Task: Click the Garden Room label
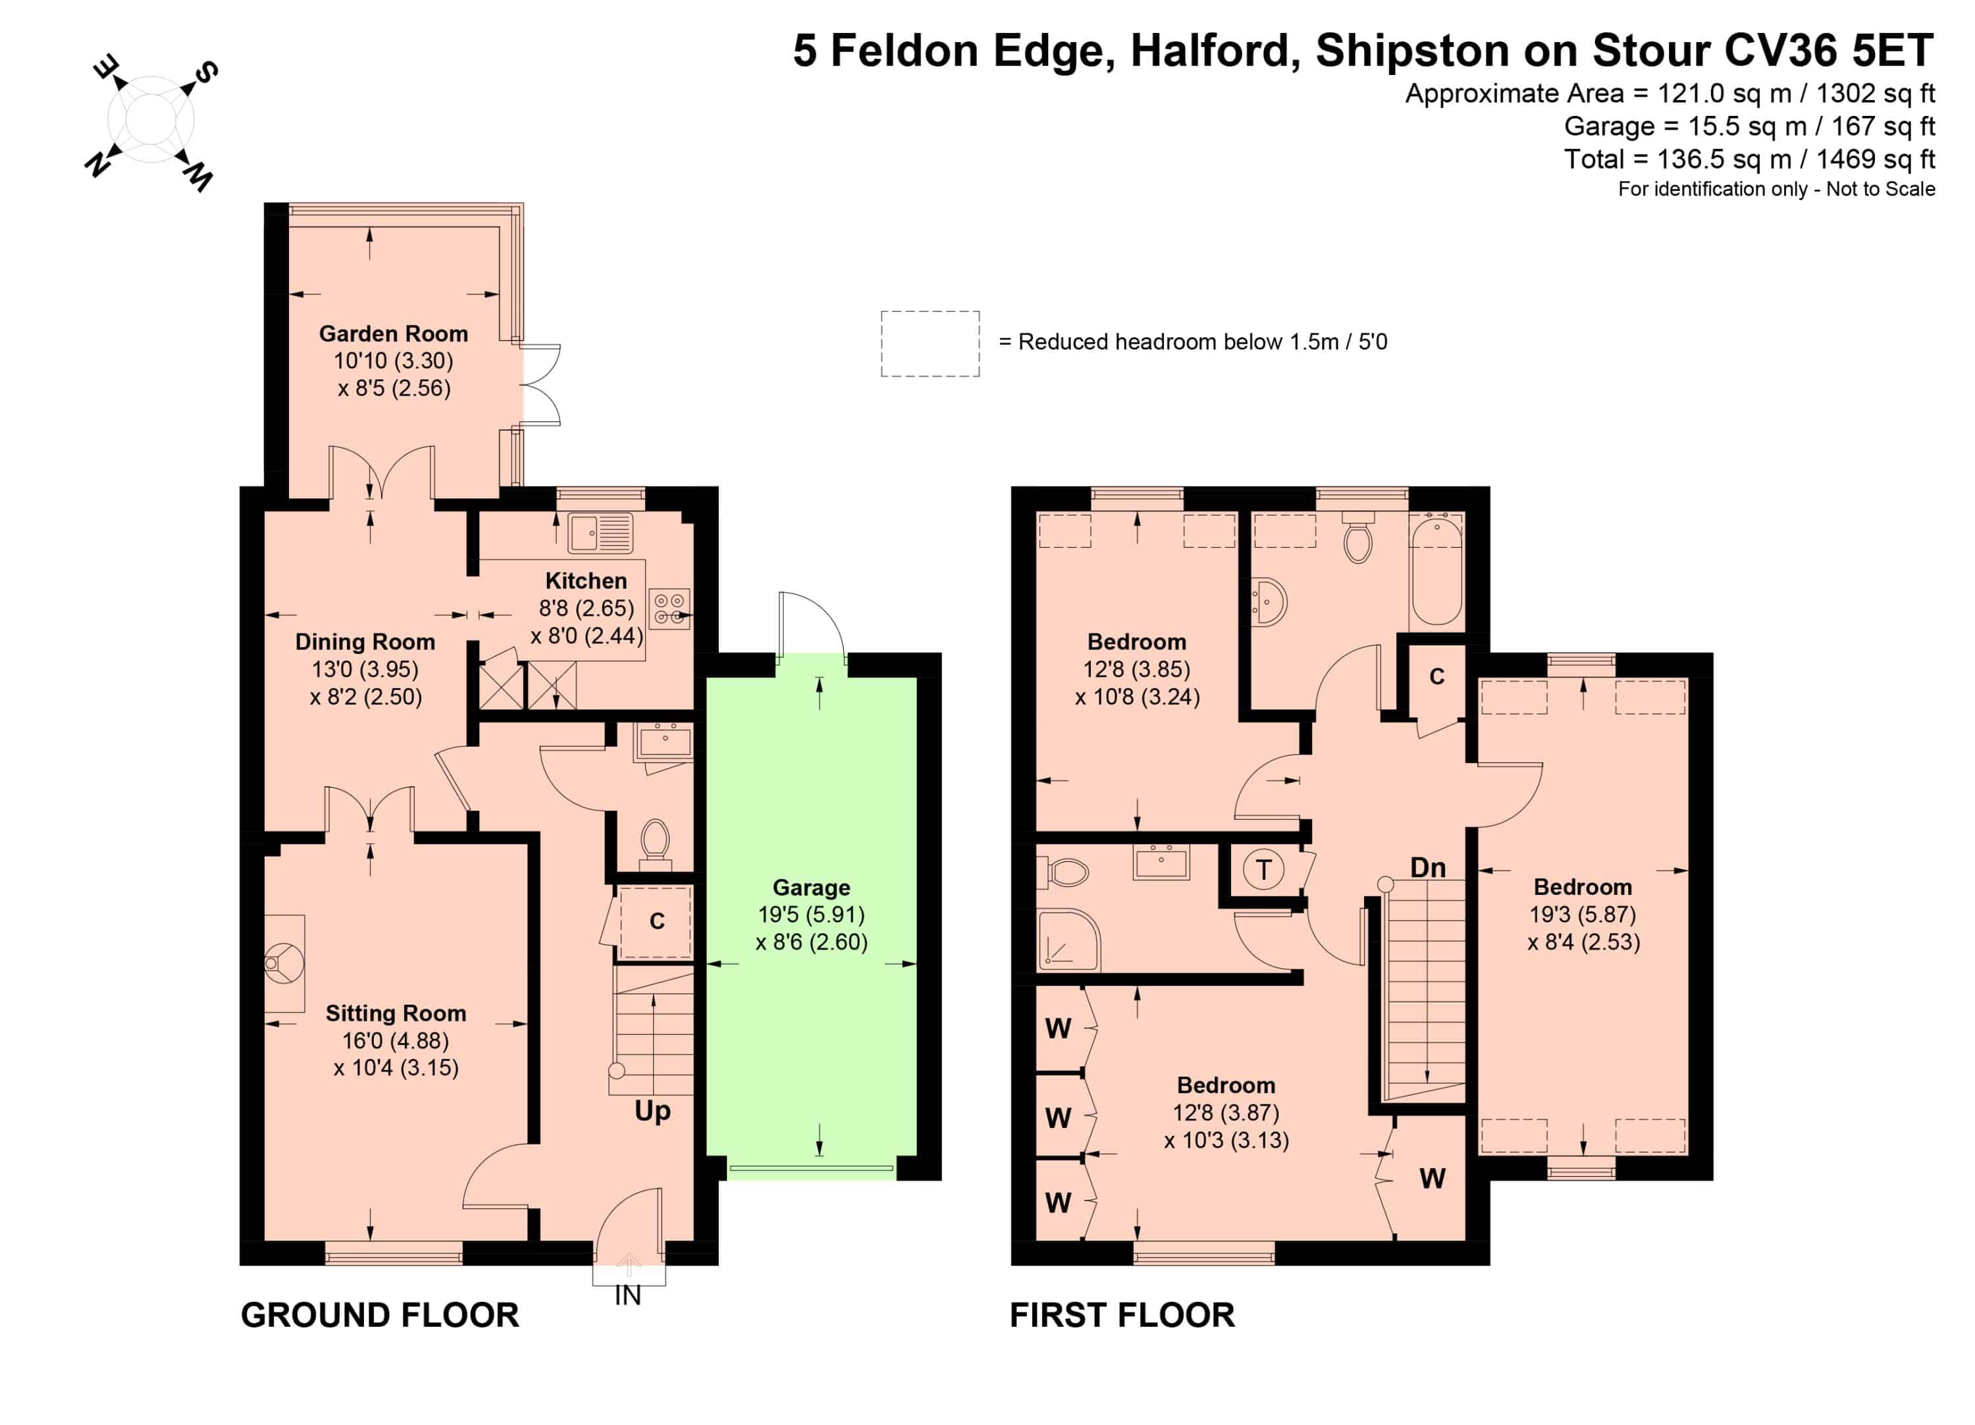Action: (x=394, y=334)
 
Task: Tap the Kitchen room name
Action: (x=586, y=581)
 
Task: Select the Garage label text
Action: (x=812, y=888)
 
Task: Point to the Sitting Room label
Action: (x=396, y=1013)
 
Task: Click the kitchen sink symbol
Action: (x=600, y=533)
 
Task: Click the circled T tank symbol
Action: (x=1263, y=869)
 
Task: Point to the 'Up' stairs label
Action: (x=653, y=1112)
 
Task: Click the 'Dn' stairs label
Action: (x=1428, y=867)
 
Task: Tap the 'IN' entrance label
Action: (x=628, y=1296)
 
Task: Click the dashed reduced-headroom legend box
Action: (x=930, y=344)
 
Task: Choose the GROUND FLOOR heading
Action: (x=380, y=1315)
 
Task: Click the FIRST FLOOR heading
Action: (x=1122, y=1315)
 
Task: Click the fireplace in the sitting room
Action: (x=284, y=963)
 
